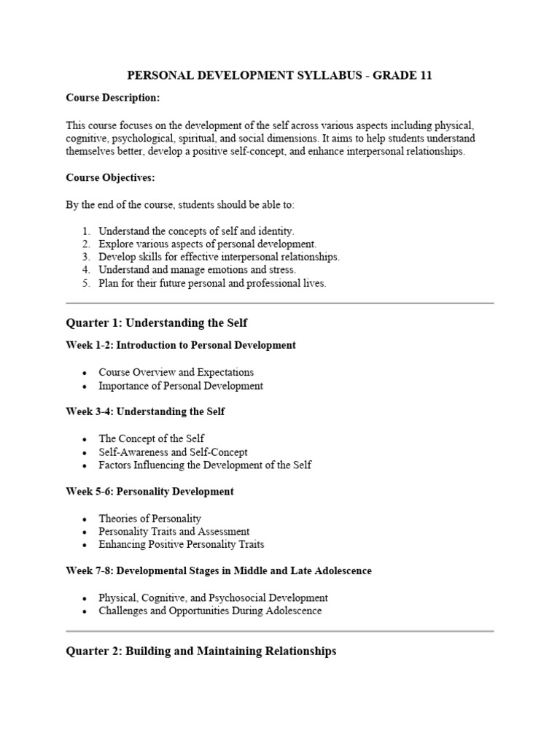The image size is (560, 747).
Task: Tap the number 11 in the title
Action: pos(425,76)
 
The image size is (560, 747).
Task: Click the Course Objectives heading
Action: pos(110,177)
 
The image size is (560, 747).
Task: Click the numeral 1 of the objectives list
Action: pos(85,231)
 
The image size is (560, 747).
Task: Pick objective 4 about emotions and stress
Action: pos(197,270)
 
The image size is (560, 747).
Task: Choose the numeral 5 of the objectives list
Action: pos(85,283)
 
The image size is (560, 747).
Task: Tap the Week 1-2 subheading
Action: pos(181,345)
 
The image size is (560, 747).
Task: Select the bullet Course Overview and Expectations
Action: pos(176,372)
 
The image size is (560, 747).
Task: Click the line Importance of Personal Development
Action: pos(181,385)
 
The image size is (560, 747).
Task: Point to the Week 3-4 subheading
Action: pos(145,411)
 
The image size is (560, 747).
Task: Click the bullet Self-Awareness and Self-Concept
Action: pos(174,452)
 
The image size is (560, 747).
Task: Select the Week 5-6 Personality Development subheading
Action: pos(149,492)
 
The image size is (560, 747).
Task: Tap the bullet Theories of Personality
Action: pos(150,519)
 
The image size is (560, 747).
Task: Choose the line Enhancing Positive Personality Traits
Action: pos(182,544)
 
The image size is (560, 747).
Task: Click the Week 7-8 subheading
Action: pos(219,571)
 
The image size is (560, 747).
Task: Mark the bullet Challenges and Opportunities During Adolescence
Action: pos(210,611)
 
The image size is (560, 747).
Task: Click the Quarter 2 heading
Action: pos(201,651)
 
